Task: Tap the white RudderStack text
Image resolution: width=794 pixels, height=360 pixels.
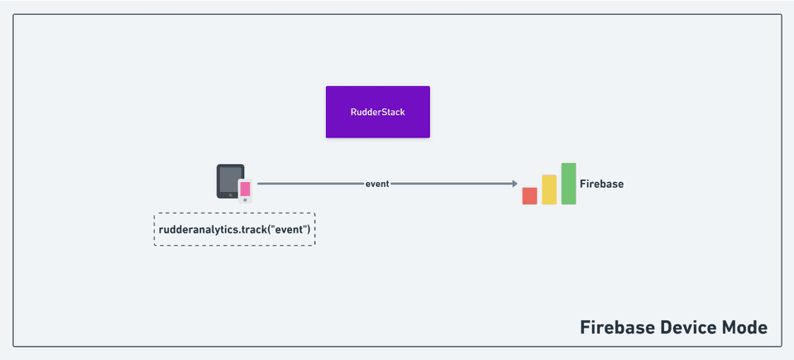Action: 377,112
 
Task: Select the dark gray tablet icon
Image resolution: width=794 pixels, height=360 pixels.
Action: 225,169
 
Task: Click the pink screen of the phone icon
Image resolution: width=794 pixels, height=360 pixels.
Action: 245,188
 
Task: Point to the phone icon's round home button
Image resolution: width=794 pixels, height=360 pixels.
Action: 245,199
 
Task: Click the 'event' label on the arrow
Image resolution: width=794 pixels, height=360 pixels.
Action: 377,184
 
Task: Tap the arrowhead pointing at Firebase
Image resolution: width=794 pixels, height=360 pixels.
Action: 514,184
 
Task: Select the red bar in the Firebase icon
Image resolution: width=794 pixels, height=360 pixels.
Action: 529,196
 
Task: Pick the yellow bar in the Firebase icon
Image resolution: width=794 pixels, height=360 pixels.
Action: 549,190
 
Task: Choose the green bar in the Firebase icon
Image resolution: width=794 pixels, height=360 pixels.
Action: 568,184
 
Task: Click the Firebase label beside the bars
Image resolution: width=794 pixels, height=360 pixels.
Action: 601,184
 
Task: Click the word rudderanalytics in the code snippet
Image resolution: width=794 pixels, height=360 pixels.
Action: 198,228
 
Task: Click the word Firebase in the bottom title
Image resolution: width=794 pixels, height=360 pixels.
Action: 616,327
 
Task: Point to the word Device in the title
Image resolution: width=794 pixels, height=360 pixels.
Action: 689,327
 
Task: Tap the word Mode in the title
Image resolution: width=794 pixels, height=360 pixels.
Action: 746,327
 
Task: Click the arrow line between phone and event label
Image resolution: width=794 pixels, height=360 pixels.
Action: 310,184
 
